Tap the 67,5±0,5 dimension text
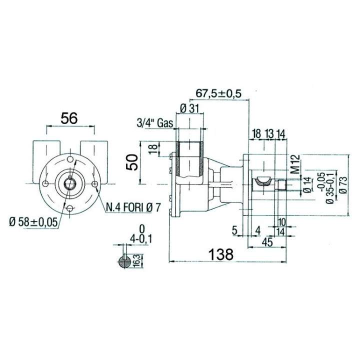218,93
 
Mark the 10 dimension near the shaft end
282,222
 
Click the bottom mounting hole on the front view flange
70,208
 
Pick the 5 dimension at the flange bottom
234,230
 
